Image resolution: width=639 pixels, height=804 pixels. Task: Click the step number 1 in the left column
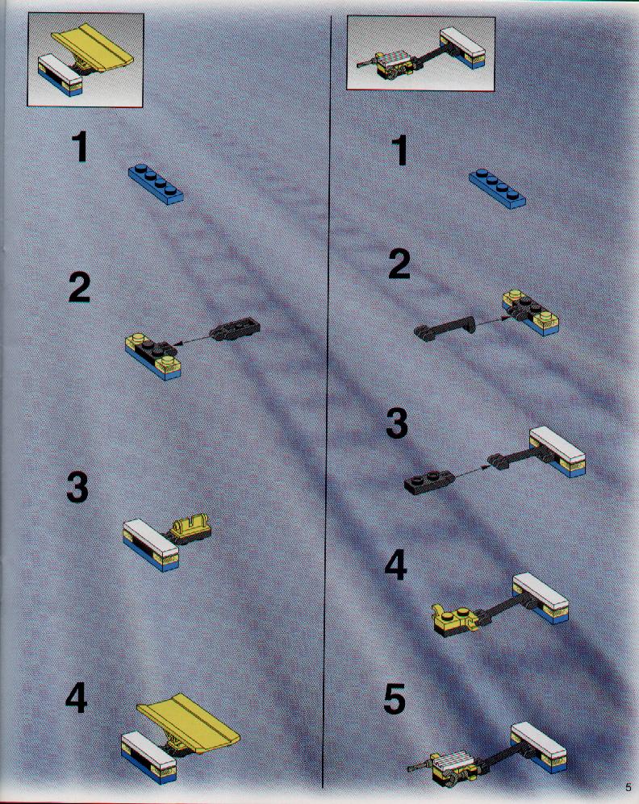(x=80, y=147)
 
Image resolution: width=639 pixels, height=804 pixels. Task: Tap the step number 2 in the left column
(x=80, y=287)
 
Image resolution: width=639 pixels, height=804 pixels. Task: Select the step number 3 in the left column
(x=77, y=486)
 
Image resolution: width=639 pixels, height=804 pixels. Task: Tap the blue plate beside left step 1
(x=156, y=184)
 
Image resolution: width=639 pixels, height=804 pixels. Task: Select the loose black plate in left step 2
(x=236, y=329)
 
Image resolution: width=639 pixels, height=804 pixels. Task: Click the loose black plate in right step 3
(x=428, y=481)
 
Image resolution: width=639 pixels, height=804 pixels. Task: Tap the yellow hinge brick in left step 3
(x=190, y=529)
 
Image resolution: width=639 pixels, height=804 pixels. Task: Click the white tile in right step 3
(x=557, y=444)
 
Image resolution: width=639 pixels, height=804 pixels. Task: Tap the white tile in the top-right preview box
(x=462, y=41)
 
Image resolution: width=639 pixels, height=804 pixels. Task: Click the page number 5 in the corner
(x=629, y=787)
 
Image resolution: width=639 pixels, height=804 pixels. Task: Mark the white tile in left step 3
(x=151, y=536)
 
